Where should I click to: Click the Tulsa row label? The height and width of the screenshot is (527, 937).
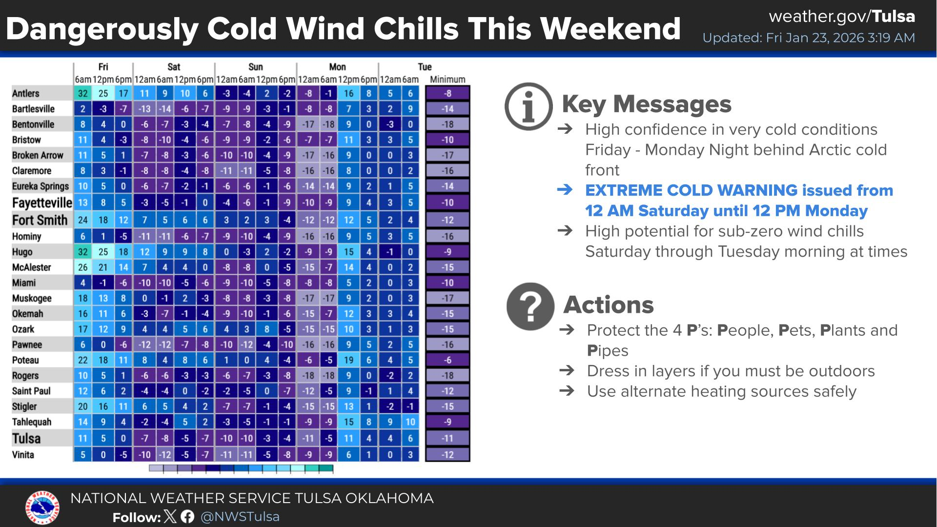[x=26, y=438]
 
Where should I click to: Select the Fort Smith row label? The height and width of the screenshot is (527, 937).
[x=40, y=220]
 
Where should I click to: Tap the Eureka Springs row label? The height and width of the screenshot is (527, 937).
[x=41, y=186]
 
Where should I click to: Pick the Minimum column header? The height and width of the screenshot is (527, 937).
[x=448, y=80]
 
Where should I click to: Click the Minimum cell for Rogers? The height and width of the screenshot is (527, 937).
[x=448, y=376]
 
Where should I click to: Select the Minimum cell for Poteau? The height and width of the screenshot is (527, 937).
[x=448, y=360]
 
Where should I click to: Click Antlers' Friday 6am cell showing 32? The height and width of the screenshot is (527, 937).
[x=83, y=93]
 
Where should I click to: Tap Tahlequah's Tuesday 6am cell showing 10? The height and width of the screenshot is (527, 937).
[x=410, y=422]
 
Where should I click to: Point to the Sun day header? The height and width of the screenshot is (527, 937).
[x=255, y=67]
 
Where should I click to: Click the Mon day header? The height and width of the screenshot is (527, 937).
[x=337, y=67]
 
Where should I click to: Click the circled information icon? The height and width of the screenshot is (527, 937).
[x=529, y=106]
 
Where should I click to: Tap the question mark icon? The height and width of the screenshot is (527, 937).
[x=530, y=306]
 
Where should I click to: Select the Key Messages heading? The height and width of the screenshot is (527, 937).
[x=647, y=104]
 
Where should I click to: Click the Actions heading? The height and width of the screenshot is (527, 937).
[x=609, y=304]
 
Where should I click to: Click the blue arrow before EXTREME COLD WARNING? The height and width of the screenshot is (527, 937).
[x=565, y=190]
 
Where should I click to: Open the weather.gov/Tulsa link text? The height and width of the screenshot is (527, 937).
[x=842, y=16]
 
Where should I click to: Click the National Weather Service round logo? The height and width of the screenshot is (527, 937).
[x=43, y=507]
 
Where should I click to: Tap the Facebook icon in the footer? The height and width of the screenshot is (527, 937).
[x=187, y=517]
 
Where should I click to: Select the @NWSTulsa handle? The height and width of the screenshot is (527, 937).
[x=240, y=517]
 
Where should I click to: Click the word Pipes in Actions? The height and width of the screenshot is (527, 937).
[x=608, y=351]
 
